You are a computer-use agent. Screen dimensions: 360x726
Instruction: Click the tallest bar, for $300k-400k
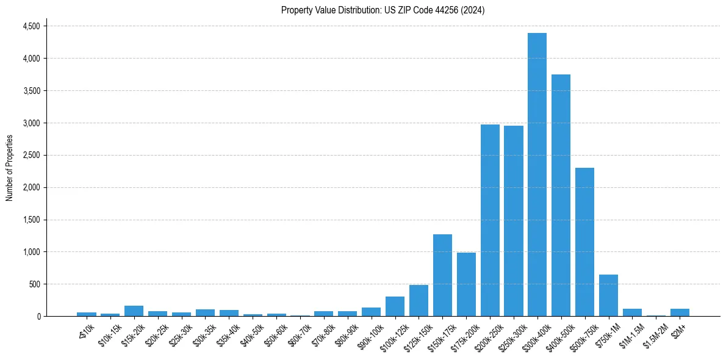coord(537,175)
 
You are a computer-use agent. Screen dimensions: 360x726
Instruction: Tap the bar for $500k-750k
coord(584,242)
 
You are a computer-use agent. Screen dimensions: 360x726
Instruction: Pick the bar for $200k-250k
coord(490,220)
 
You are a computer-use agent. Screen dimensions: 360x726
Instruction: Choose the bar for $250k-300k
coord(514,221)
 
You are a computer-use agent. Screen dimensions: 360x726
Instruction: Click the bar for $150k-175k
coord(442,275)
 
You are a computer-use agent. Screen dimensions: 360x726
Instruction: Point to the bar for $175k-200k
coord(466,284)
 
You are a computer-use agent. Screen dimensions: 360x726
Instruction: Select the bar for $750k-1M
coord(608,295)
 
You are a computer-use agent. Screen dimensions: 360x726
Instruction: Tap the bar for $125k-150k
coord(419,301)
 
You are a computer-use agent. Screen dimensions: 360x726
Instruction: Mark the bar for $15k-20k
coord(134,311)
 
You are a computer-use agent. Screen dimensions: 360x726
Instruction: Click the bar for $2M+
coord(680,312)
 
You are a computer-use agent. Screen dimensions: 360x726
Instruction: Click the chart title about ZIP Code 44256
coord(383,10)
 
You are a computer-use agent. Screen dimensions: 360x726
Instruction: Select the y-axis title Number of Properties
coord(9,168)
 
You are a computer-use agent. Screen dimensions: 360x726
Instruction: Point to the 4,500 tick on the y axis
coord(31,26)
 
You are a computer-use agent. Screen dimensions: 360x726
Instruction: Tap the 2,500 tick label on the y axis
coord(31,155)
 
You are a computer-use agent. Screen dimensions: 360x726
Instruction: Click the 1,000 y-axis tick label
coord(31,252)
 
